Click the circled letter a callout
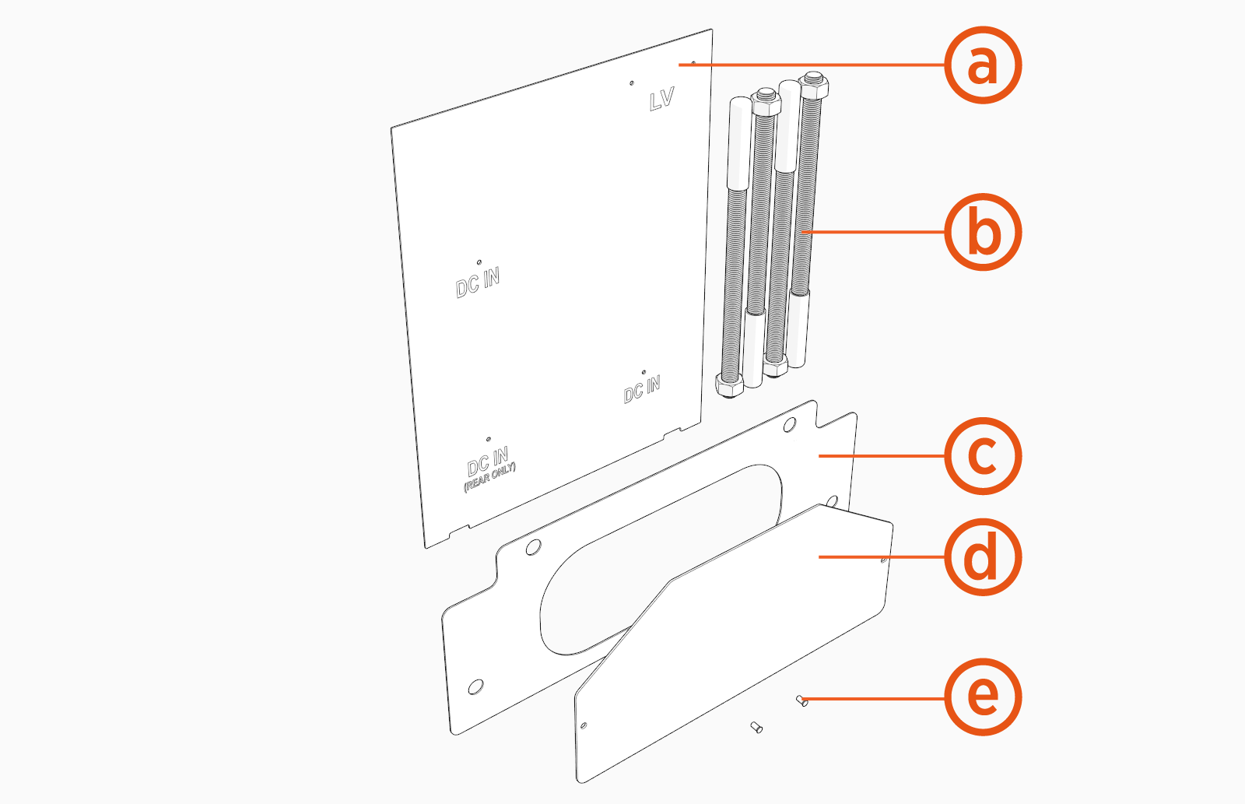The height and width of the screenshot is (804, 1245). (x=983, y=65)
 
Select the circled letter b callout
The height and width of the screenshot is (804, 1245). (x=983, y=232)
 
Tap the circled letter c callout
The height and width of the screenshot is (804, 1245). (x=983, y=455)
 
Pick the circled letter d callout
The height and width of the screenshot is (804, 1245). (x=983, y=557)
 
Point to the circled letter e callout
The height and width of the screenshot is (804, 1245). (x=983, y=697)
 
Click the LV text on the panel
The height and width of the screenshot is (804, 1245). (x=661, y=100)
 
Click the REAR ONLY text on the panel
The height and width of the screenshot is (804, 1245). (x=490, y=477)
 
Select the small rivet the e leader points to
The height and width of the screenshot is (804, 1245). (x=802, y=701)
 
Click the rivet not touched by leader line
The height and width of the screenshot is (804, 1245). (x=756, y=728)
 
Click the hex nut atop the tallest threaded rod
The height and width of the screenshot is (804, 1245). (x=813, y=82)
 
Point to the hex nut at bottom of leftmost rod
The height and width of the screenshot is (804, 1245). (x=728, y=386)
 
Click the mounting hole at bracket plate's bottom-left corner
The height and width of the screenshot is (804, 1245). (x=475, y=687)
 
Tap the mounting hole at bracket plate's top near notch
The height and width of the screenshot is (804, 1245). (x=789, y=425)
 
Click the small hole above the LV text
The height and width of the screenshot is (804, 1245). (x=631, y=83)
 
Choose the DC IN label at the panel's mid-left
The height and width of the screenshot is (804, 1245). (x=478, y=283)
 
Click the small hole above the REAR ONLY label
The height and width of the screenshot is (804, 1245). (x=488, y=440)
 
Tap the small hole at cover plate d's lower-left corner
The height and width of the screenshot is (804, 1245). (x=584, y=725)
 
